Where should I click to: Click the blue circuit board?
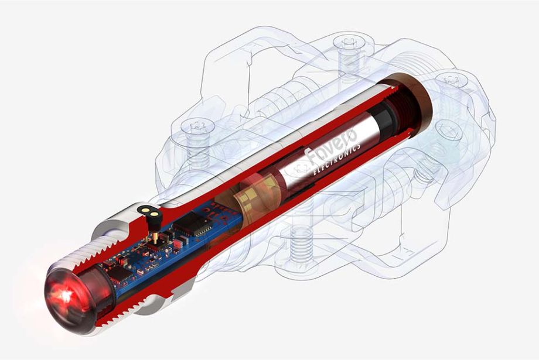[x=170, y=246]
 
